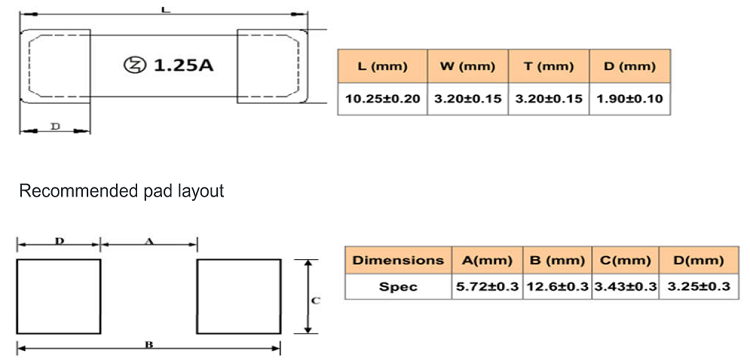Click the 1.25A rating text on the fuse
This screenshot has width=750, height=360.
(183, 65)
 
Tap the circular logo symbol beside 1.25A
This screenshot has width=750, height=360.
(134, 65)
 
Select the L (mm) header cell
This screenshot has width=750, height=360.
(382, 66)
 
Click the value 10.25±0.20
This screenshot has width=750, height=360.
(382, 99)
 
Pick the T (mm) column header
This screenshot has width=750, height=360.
(549, 66)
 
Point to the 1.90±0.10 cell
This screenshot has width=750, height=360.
(629, 99)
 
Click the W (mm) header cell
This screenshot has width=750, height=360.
(468, 66)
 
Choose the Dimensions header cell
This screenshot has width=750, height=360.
(398, 260)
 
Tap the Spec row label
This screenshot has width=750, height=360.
(398, 286)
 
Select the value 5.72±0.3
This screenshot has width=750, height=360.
(487, 286)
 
